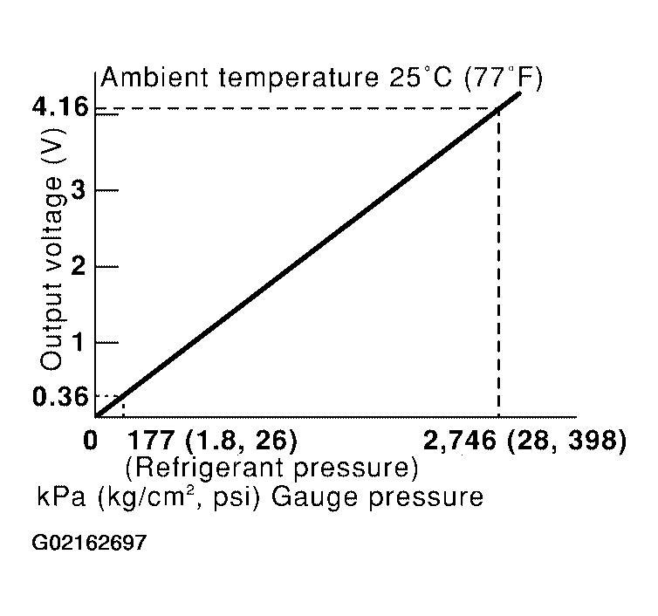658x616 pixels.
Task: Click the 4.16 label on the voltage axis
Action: [60, 107]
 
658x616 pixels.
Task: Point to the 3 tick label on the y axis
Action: [78, 190]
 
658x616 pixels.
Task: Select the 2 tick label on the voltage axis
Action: [78, 265]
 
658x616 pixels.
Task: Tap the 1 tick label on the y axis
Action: [78, 341]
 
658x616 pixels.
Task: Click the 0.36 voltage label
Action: [60, 396]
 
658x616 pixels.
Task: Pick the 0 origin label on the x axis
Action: [90, 441]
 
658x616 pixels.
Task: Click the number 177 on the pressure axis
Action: [150, 441]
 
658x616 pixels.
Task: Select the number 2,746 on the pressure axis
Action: [460, 441]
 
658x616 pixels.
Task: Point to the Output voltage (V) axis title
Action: [52, 250]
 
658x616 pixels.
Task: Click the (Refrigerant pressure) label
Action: [272, 468]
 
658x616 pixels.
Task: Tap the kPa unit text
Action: [61, 496]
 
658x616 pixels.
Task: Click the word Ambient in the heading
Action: [154, 77]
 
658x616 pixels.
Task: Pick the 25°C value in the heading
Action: [421, 77]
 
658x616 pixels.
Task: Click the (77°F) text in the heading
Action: [504, 78]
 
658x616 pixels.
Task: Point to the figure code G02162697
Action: [89, 542]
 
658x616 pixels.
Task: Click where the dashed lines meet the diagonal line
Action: [498, 108]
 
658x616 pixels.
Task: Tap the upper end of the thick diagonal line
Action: [520, 93]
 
